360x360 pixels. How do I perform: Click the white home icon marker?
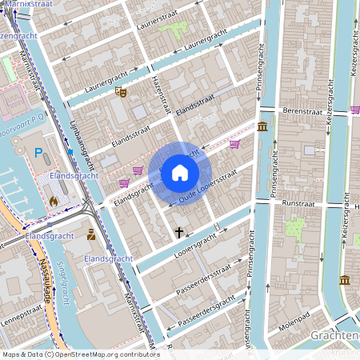pos(179,172)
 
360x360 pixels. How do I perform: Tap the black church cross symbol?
pos(179,233)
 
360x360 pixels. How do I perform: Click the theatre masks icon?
pos(121,92)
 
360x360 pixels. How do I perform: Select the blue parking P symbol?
pos(38,153)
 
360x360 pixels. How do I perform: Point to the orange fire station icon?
pos(54,202)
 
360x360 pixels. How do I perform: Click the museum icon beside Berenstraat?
pos(263,126)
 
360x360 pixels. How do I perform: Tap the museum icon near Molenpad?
pos(344,280)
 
